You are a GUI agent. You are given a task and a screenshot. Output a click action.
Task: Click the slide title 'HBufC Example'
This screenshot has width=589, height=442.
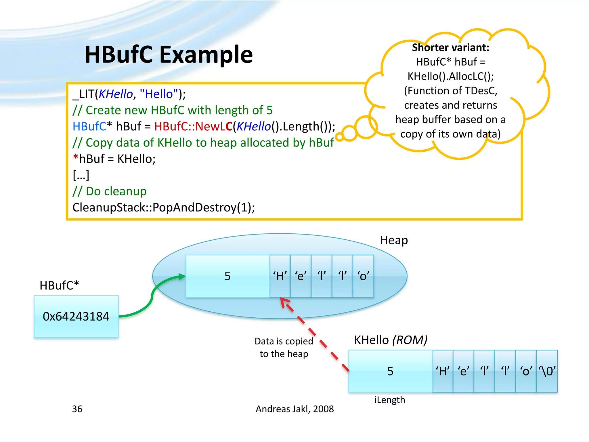tap(169, 54)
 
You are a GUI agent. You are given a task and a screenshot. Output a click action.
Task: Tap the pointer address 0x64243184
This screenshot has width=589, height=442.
tap(76, 316)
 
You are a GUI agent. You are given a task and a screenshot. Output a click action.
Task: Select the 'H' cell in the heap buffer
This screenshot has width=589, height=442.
tap(280, 276)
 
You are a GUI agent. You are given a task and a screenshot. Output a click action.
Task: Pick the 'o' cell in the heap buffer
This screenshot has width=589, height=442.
tap(363, 276)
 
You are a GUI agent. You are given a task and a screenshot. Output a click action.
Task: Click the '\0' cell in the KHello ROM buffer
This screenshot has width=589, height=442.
tap(547, 371)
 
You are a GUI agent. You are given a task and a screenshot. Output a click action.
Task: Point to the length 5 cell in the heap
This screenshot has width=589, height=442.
tap(227, 276)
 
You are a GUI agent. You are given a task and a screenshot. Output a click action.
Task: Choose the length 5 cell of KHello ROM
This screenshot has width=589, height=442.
tap(390, 371)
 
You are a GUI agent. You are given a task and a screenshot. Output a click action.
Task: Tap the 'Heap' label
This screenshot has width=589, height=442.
tap(394, 240)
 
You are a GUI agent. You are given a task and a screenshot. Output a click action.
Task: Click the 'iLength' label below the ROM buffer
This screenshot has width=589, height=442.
tap(389, 400)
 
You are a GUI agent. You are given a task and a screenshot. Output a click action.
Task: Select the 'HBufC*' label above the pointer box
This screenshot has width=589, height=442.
tap(59, 285)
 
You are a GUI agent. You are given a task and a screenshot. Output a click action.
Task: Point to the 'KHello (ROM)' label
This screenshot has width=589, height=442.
tap(391, 340)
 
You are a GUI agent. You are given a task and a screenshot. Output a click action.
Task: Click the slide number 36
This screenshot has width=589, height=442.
tap(77, 409)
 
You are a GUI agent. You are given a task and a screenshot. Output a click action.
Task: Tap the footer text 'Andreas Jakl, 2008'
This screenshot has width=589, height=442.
tap(294, 409)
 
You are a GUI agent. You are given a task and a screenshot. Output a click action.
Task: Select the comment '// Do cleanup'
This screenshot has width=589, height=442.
tap(110, 191)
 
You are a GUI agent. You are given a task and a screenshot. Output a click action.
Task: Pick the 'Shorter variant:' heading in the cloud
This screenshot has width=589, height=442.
tap(450, 47)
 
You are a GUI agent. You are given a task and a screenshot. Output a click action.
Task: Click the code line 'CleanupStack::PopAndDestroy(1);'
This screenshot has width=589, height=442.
tap(164, 207)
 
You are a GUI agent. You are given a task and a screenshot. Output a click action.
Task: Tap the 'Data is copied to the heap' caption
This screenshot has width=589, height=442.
tap(284, 347)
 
